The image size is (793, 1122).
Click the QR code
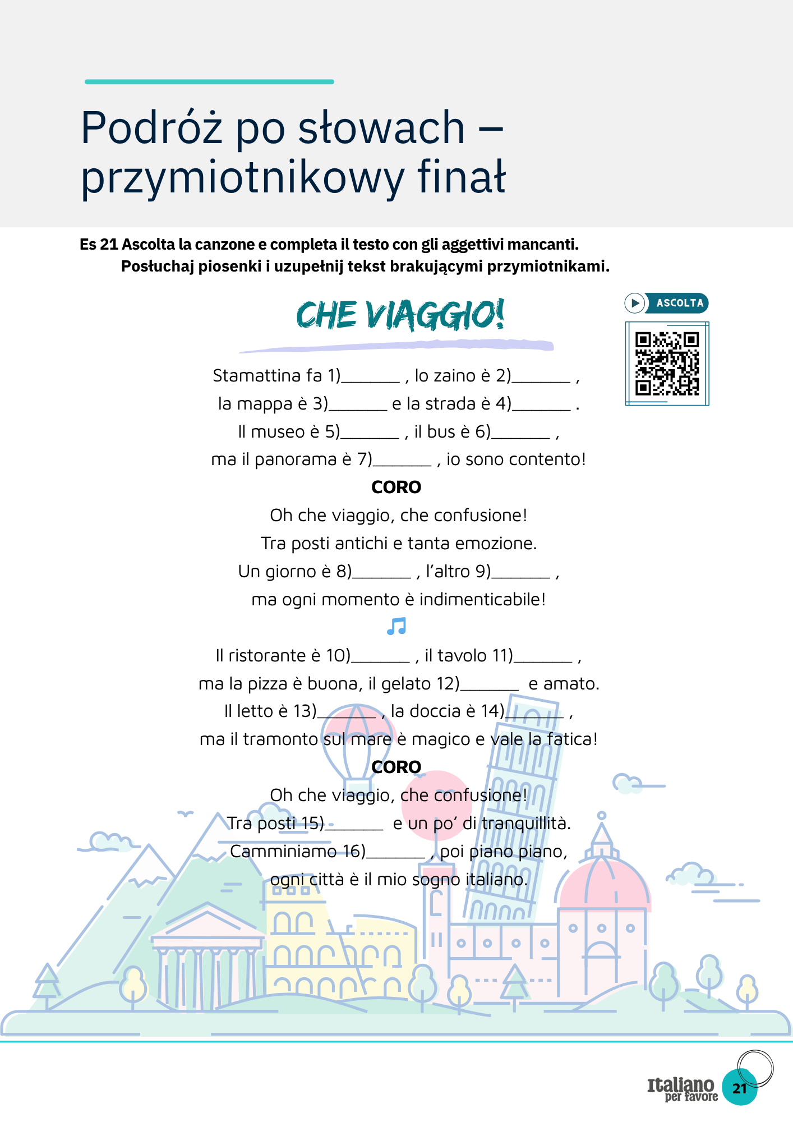pyautogui.click(x=667, y=364)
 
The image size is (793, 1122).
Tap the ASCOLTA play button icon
pyautogui.click(x=635, y=303)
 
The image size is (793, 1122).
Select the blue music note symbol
pyautogui.click(x=396, y=626)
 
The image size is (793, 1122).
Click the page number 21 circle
pyautogui.click(x=740, y=1088)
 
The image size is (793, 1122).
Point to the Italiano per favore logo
pyautogui.click(x=682, y=1089)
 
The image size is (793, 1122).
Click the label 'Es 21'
pyautogui.click(x=99, y=245)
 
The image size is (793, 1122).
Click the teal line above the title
pyautogui.click(x=209, y=82)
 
